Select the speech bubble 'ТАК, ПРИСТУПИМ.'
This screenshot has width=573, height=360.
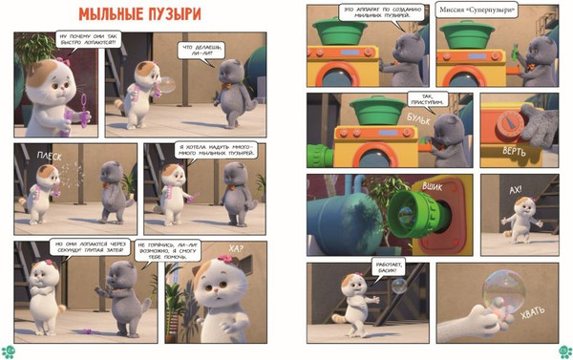421,98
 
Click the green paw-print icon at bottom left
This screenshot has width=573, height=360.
10,349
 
